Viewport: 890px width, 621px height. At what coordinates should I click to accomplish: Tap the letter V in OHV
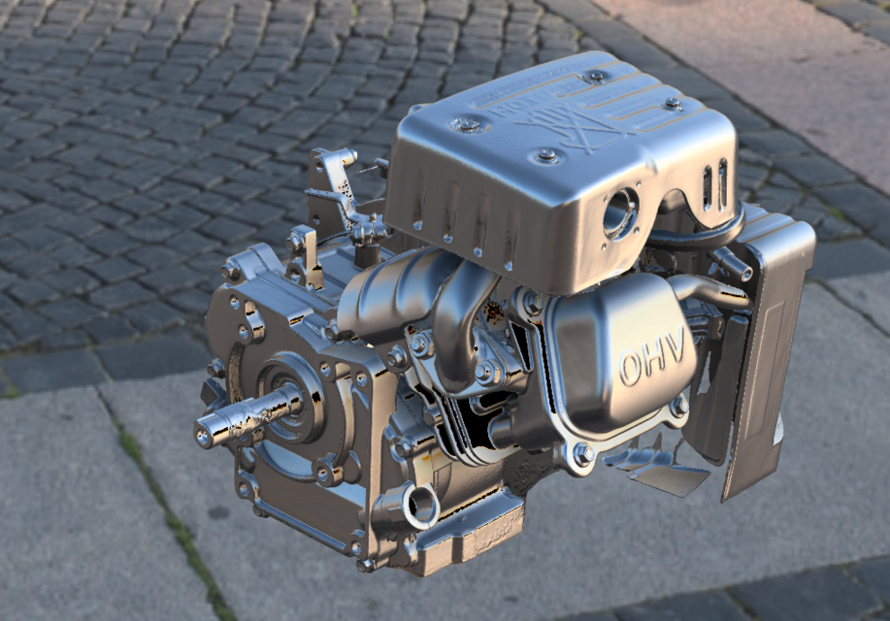pyautogui.click(x=676, y=342)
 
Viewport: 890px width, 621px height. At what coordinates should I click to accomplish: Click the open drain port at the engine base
pyautogui.click(x=422, y=507)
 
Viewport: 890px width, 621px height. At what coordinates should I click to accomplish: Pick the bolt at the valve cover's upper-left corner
pyautogui.click(x=533, y=304)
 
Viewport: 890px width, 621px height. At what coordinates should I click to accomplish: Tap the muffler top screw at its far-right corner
pyautogui.click(x=672, y=102)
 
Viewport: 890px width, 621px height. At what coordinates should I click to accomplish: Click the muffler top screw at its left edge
pyautogui.click(x=467, y=124)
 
